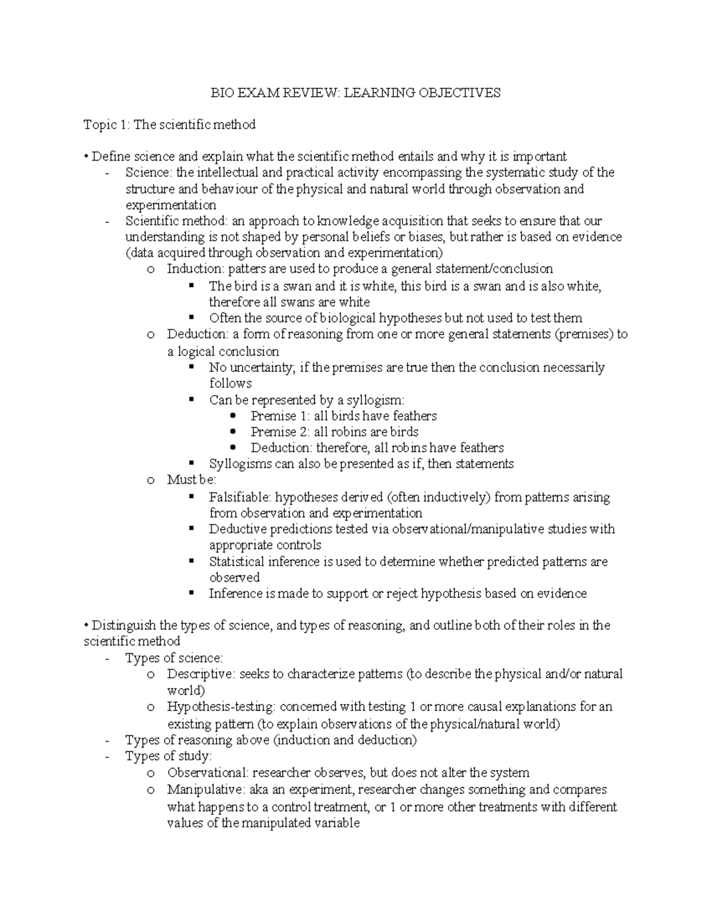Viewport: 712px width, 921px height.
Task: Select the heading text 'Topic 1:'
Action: click(x=106, y=125)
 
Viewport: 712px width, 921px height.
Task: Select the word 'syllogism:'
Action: click(x=375, y=400)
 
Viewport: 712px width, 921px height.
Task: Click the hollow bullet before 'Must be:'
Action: click(x=151, y=480)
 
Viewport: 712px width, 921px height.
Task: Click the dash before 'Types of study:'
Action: click(x=107, y=756)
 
